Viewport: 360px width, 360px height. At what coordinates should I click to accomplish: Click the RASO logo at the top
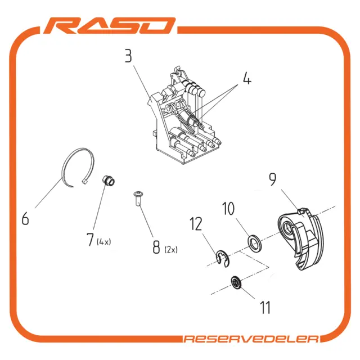tap(110, 26)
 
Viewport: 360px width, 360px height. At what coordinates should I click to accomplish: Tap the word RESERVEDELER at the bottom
tap(251, 339)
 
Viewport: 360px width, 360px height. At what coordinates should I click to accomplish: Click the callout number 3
tap(129, 56)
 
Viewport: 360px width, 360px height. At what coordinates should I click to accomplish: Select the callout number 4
tap(247, 78)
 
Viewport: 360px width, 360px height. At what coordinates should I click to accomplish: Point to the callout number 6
tap(25, 218)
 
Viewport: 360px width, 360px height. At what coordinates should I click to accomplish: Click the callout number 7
tap(91, 240)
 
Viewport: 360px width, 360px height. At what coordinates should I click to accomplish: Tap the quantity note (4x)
tap(104, 242)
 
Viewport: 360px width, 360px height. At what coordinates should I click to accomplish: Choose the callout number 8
tap(156, 247)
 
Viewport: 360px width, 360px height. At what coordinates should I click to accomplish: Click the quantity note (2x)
tap(171, 250)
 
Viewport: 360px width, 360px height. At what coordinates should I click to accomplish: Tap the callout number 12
tap(196, 224)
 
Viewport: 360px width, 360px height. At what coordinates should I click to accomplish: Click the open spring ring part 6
tap(64, 174)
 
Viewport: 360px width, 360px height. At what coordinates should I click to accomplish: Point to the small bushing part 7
tap(108, 181)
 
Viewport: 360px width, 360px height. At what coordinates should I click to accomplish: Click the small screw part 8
tap(138, 199)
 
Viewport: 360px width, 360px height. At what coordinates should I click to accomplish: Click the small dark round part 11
tap(236, 282)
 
